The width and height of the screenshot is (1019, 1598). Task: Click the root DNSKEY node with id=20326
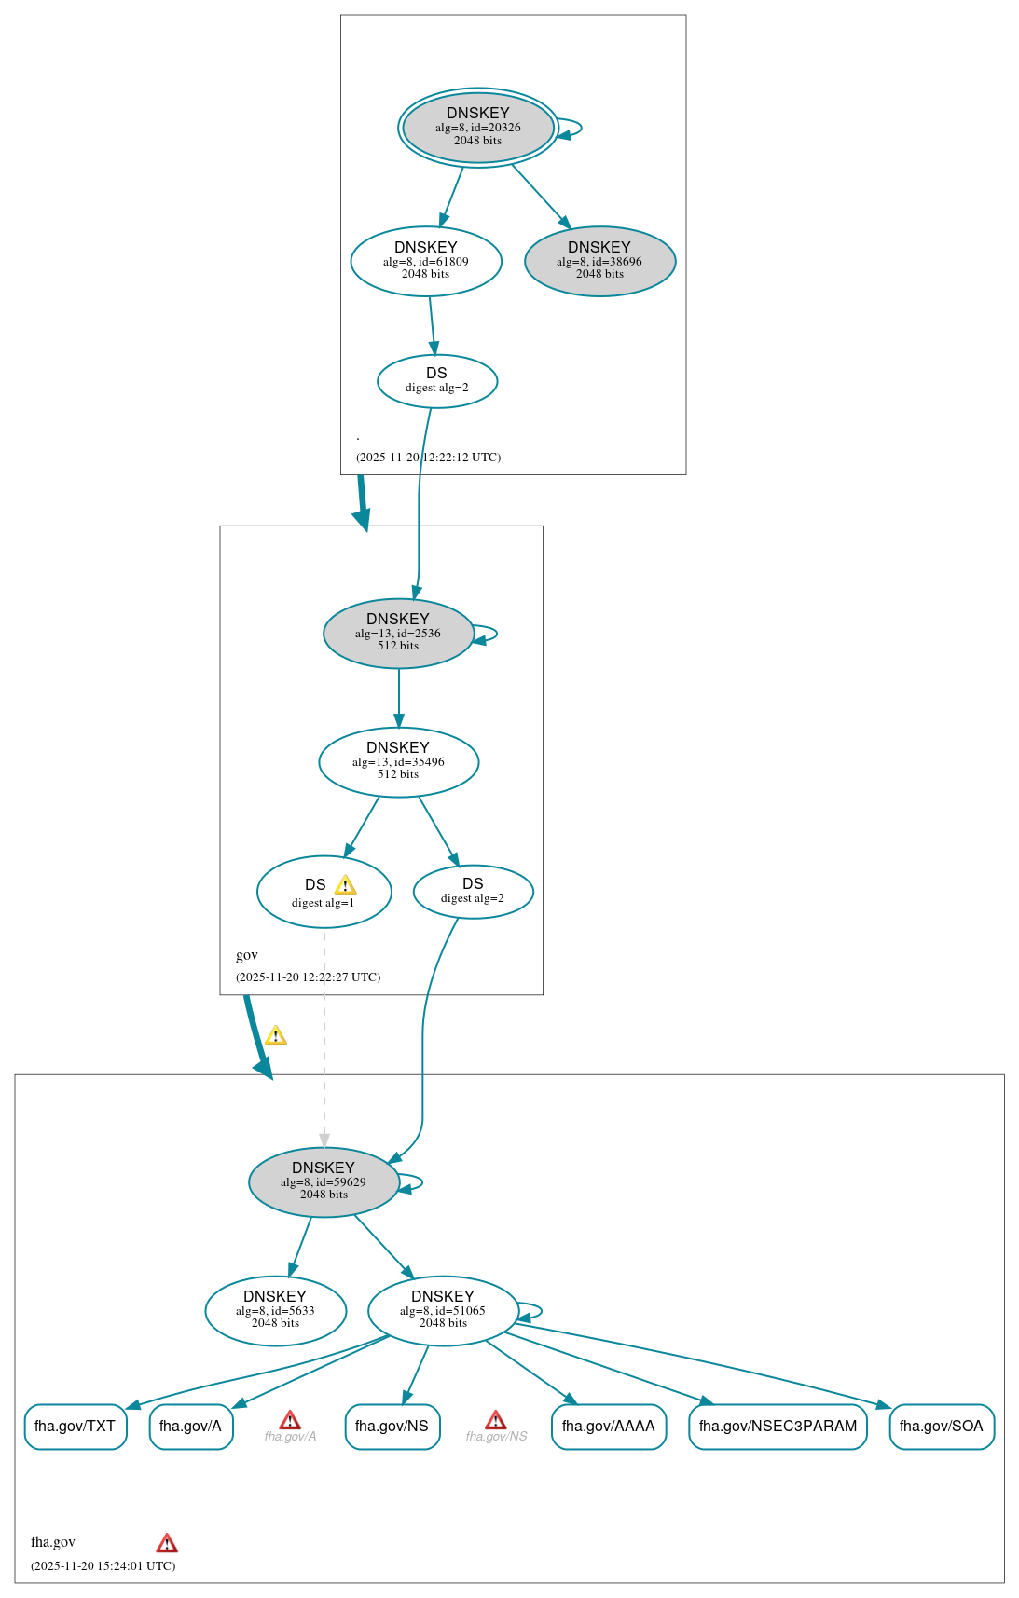[x=477, y=128]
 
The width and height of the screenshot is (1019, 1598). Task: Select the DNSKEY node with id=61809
[x=426, y=261]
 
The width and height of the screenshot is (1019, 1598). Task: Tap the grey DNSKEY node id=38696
[x=599, y=261]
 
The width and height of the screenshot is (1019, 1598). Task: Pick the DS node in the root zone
[x=436, y=380]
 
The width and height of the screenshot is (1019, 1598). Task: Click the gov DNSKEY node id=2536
[x=398, y=633]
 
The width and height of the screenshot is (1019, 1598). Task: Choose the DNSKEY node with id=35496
[x=398, y=761]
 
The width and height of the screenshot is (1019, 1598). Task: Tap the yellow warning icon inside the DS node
[x=345, y=885]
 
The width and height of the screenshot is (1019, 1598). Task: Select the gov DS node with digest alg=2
[x=473, y=891]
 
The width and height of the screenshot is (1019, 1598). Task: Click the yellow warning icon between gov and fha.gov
[x=275, y=1035]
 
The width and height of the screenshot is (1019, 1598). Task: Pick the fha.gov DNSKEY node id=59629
[x=324, y=1181]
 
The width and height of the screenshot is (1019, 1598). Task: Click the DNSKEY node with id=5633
[x=275, y=1310]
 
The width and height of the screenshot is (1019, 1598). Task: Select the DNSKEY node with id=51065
[x=443, y=1310]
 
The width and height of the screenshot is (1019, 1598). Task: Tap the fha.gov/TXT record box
[x=76, y=1427]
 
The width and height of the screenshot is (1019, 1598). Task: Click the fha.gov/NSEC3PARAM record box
[x=778, y=1427]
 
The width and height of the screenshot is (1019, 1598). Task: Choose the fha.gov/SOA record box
[x=941, y=1427]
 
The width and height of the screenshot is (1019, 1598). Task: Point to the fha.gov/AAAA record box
[x=608, y=1427]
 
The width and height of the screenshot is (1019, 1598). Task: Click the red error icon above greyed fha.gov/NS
[x=496, y=1419]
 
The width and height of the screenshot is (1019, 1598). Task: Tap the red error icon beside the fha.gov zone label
[x=167, y=1543]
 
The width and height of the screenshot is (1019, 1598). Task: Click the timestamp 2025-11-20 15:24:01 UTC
[x=103, y=1565]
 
